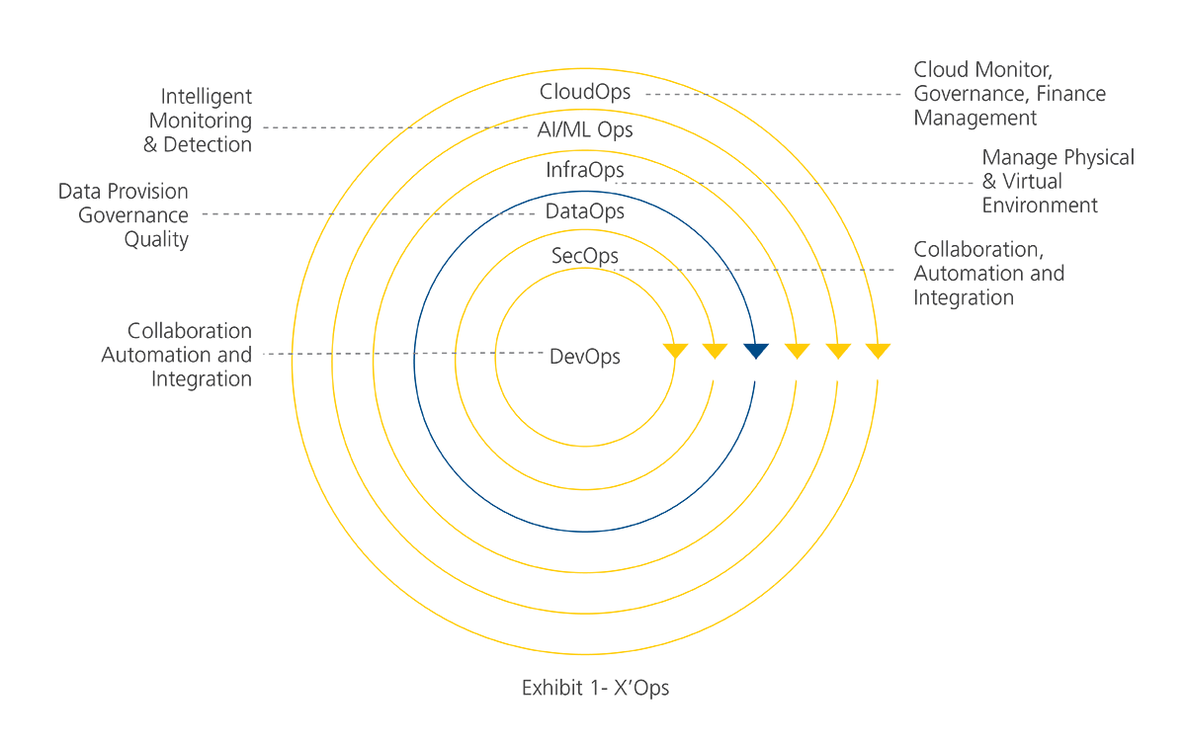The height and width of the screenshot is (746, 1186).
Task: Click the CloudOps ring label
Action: click(x=585, y=92)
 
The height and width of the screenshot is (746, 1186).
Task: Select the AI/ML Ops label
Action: click(x=585, y=130)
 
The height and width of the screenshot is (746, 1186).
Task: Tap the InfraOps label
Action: click(x=585, y=171)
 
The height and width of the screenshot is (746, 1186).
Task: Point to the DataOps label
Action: click(x=585, y=211)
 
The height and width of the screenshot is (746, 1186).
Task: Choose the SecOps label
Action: click(x=585, y=256)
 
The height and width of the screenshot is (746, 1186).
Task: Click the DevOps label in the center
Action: click(x=585, y=357)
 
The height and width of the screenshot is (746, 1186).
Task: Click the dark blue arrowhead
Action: click(x=756, y=351)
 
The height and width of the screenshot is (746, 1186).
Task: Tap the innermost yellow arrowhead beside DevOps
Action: click(x=676, y=351)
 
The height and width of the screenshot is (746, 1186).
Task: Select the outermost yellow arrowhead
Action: click(x=878, y=351)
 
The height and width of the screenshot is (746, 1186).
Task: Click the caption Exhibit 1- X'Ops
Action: click(x=595, y=688)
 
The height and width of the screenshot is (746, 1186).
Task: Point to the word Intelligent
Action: click(x=206, y=97)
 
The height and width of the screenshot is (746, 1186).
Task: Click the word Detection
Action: click(x=208, y=144)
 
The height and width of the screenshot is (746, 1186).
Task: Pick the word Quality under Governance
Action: click(x=156, y=240)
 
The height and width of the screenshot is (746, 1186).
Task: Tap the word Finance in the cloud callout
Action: click(x=1070, y=94)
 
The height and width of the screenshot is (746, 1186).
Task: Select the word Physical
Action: click(x=1099, y=158)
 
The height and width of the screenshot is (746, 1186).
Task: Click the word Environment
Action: click(x=1040, y=206)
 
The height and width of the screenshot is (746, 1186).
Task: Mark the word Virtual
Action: click(x=1032, y=182)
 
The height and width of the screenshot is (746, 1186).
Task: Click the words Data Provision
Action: click(x=123, y=191)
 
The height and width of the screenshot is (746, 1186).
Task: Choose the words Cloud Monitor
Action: click(x=982, y=70)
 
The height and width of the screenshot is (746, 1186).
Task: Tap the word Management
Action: click(x=975, y=118)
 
